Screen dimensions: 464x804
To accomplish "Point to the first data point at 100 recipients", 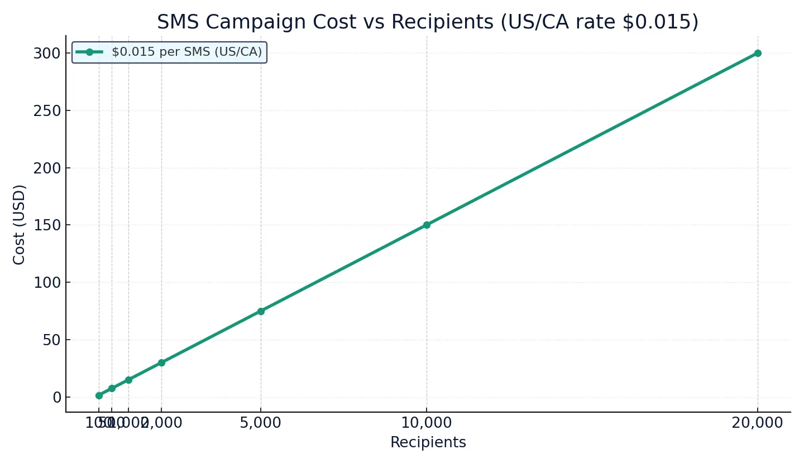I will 99,395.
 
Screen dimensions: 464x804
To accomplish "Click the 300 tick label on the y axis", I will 46,54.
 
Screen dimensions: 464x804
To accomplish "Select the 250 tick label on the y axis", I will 46,111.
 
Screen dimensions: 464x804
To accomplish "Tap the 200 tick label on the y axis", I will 46,168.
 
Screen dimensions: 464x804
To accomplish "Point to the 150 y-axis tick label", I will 46,225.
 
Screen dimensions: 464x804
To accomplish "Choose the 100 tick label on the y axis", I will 46,283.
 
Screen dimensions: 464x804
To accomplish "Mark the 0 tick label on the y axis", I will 56,398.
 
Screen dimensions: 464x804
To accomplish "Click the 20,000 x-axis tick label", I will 757,423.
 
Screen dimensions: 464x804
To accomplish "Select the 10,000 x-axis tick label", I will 427,423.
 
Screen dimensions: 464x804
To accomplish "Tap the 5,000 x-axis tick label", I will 261,423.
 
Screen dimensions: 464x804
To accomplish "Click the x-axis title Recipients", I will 428,443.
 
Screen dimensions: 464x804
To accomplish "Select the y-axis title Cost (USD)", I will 20,224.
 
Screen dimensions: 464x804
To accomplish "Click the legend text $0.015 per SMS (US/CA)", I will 186,52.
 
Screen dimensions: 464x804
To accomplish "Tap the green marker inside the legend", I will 89,52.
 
